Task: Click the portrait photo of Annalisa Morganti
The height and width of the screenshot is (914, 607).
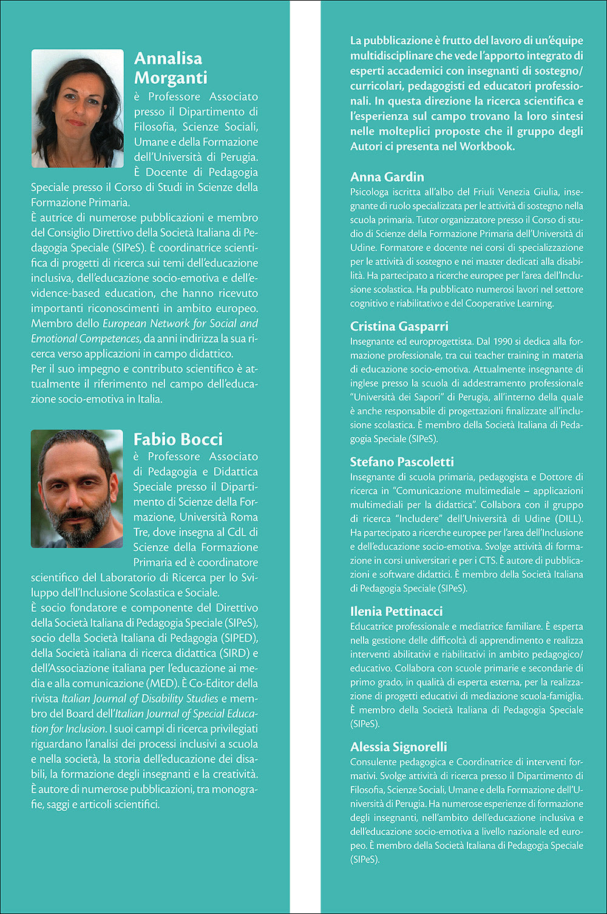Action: (77, 108)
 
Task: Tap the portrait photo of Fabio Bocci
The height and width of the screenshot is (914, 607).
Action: (77, 489)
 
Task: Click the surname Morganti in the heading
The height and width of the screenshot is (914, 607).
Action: (171, 78)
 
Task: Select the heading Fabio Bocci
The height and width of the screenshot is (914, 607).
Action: (178, 439)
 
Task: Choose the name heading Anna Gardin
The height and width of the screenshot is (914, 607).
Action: (387, 177)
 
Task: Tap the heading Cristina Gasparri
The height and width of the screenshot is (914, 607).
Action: (399, 326)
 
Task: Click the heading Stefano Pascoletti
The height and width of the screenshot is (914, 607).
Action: (402, 462)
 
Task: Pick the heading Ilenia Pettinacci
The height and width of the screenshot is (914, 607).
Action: (396, 611)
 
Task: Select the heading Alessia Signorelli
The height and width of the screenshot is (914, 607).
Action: (398, 746)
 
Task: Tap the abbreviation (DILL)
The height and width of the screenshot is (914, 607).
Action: (568, 519)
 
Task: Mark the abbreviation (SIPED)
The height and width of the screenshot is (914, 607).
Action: (239, 638)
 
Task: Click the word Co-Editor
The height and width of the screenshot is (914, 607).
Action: (211, 683)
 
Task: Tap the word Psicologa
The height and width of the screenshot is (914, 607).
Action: (371, 192)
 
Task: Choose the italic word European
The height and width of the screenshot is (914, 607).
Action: (124, 324)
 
